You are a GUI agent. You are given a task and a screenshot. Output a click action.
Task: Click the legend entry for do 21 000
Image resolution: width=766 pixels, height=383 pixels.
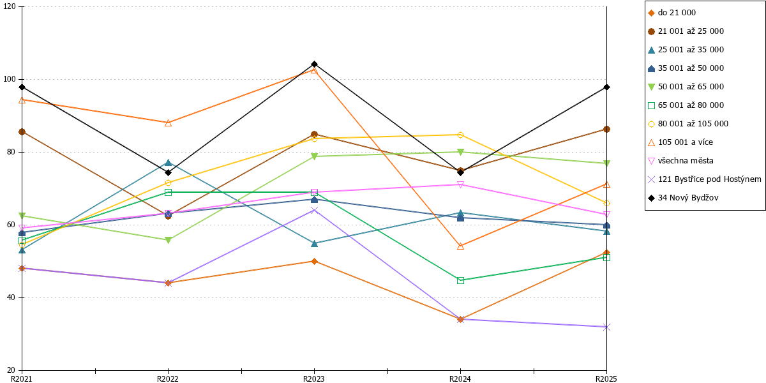[672, 13]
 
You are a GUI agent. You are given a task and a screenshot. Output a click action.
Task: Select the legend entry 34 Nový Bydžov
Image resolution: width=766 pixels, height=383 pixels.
[683, 198]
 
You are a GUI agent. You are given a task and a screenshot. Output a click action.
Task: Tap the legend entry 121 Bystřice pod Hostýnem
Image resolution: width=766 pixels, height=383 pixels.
[705, 179]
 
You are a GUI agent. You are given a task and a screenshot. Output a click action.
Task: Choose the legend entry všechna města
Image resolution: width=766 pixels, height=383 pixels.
[681, 161]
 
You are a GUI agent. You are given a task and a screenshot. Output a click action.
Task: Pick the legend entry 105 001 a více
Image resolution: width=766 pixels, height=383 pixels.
[680, 142]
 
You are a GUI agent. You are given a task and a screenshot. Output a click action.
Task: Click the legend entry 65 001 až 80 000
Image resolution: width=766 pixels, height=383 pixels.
[686, 105]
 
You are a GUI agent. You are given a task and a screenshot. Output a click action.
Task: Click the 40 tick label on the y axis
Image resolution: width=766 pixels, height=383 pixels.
[11, 297]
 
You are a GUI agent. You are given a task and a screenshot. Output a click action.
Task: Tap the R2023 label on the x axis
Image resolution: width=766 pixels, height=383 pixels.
[314, 379]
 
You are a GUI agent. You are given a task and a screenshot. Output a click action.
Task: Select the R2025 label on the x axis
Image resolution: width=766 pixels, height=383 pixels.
[606, 379]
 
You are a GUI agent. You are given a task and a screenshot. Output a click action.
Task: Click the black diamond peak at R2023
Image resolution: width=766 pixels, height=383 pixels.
[314, 64]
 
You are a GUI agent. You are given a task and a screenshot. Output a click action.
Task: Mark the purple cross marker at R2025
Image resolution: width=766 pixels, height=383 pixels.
[606, 327]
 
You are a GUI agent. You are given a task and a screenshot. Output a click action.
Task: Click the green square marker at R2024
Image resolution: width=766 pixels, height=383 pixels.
[461, 281]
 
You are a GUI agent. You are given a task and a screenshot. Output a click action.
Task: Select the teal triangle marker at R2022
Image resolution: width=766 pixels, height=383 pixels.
[169, 162]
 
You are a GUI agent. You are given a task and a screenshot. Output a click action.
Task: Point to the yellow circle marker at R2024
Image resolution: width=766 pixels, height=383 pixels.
[461, 135]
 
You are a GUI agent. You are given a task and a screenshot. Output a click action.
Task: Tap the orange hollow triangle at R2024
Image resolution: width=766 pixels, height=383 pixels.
[461, 246]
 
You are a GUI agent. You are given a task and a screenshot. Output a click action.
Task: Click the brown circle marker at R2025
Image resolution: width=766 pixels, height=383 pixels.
[606, 129]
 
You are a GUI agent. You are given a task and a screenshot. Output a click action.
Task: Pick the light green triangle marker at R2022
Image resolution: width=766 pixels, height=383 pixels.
[169, 240]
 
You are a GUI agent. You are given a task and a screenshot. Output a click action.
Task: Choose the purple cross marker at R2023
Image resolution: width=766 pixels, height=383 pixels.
[314, 210]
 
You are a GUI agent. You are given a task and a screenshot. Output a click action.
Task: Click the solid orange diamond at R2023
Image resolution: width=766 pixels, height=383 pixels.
[314, 262]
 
